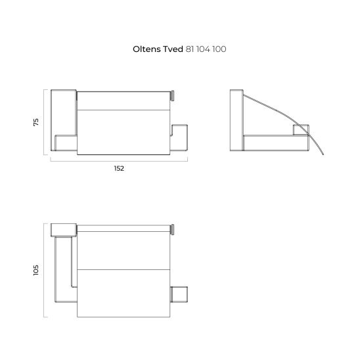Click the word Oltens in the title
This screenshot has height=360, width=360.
(147, 49)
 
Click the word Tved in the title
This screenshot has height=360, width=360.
(173, 49)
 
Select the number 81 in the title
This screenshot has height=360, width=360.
(190, 49)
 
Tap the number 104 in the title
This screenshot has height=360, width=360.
(203, 49)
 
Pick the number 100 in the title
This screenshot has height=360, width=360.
(219, 49)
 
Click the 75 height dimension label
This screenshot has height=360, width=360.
(36, 122)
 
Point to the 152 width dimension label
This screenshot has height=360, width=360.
(119, 169)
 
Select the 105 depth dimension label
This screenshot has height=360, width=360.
(36, 270)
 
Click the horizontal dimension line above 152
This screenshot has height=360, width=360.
(119, 161)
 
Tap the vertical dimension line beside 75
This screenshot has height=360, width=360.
(44, 122)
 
